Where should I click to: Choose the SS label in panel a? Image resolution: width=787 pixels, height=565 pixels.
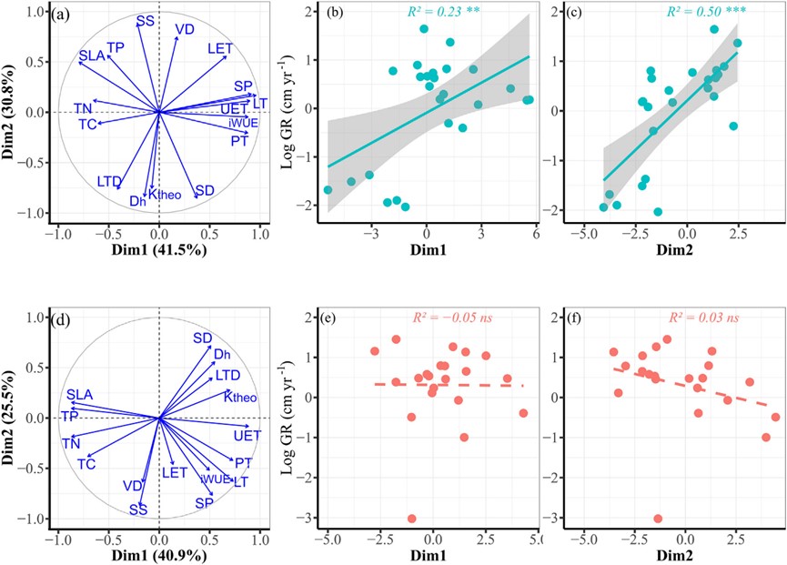145,20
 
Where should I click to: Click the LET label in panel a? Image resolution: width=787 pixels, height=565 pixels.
220,47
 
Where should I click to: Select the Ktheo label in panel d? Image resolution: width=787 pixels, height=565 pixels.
240,397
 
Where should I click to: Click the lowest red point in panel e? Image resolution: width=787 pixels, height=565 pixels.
411,519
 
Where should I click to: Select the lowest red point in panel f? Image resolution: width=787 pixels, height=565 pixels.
658,519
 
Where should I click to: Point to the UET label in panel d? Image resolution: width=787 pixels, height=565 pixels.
247,436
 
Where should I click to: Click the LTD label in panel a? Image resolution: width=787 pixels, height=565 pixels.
109,182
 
